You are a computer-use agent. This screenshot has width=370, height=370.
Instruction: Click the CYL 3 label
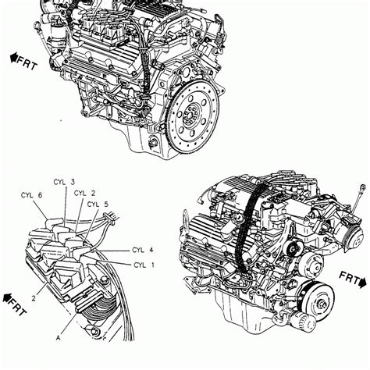64,182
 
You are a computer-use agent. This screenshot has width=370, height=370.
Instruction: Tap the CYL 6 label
31,195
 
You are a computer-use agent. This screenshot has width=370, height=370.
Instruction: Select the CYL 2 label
84,193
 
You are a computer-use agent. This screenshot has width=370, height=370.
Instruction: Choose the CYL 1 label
144,265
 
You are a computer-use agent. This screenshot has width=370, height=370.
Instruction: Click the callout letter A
59,338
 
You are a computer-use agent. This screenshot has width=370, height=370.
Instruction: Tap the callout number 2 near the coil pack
34,298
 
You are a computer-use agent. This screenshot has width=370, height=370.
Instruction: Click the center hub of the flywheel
190,115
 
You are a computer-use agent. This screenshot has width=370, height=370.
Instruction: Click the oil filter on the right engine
302,321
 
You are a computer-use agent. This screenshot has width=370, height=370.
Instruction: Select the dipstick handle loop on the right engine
362,187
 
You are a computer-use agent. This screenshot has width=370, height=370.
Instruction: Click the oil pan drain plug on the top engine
153,143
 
